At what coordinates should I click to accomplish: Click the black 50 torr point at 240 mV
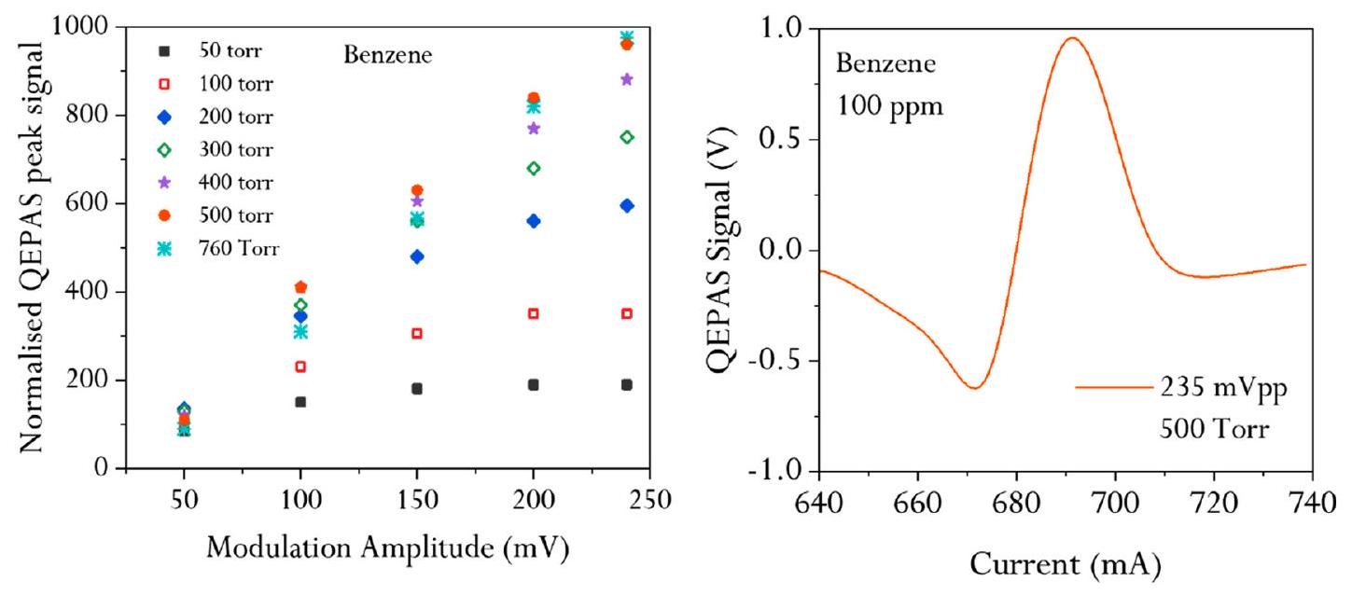tap(627, 384)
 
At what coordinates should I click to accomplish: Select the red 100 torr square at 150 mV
tap(417, 333)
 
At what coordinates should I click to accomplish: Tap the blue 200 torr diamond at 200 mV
tap(534, 221)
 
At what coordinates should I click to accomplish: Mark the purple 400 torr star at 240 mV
tap(627, 79)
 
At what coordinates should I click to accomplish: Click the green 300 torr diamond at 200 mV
tap(534, 168)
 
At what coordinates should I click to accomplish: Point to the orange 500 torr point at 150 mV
tap(417, 190)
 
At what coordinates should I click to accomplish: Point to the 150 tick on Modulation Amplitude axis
tap(417, 500)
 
